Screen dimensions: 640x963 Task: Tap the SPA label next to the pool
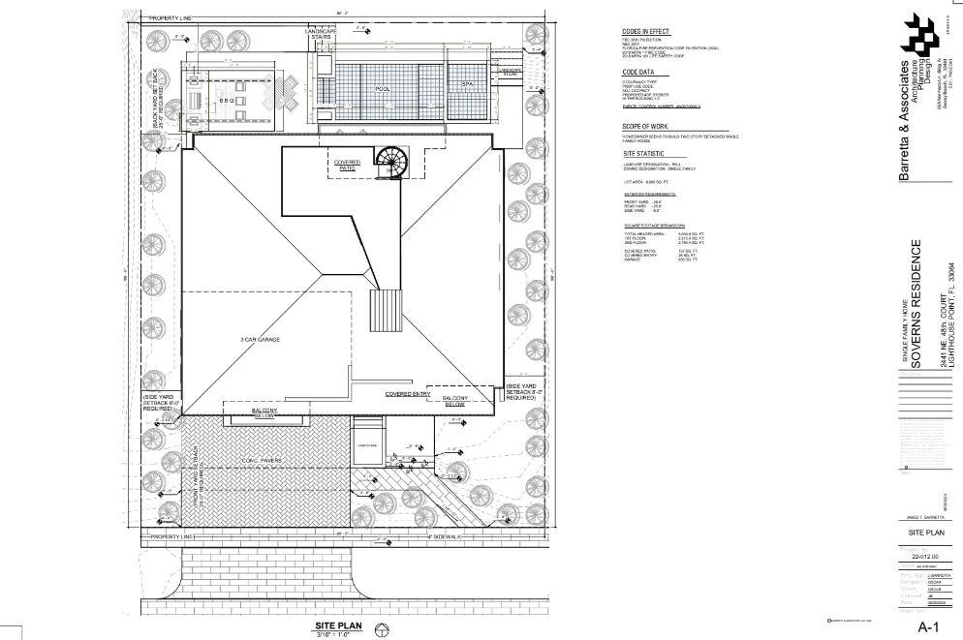(x=466, y=86)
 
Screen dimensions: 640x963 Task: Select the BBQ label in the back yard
(x=227, y=100)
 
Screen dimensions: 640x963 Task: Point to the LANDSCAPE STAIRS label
(x=321, y=36)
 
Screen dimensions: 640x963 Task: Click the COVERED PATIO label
(x=348, y=166)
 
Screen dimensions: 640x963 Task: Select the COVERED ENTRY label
(x=408, y=394)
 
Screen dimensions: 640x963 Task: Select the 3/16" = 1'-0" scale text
(x=338, y=635)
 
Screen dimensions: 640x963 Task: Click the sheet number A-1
(x=930, y=627)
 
